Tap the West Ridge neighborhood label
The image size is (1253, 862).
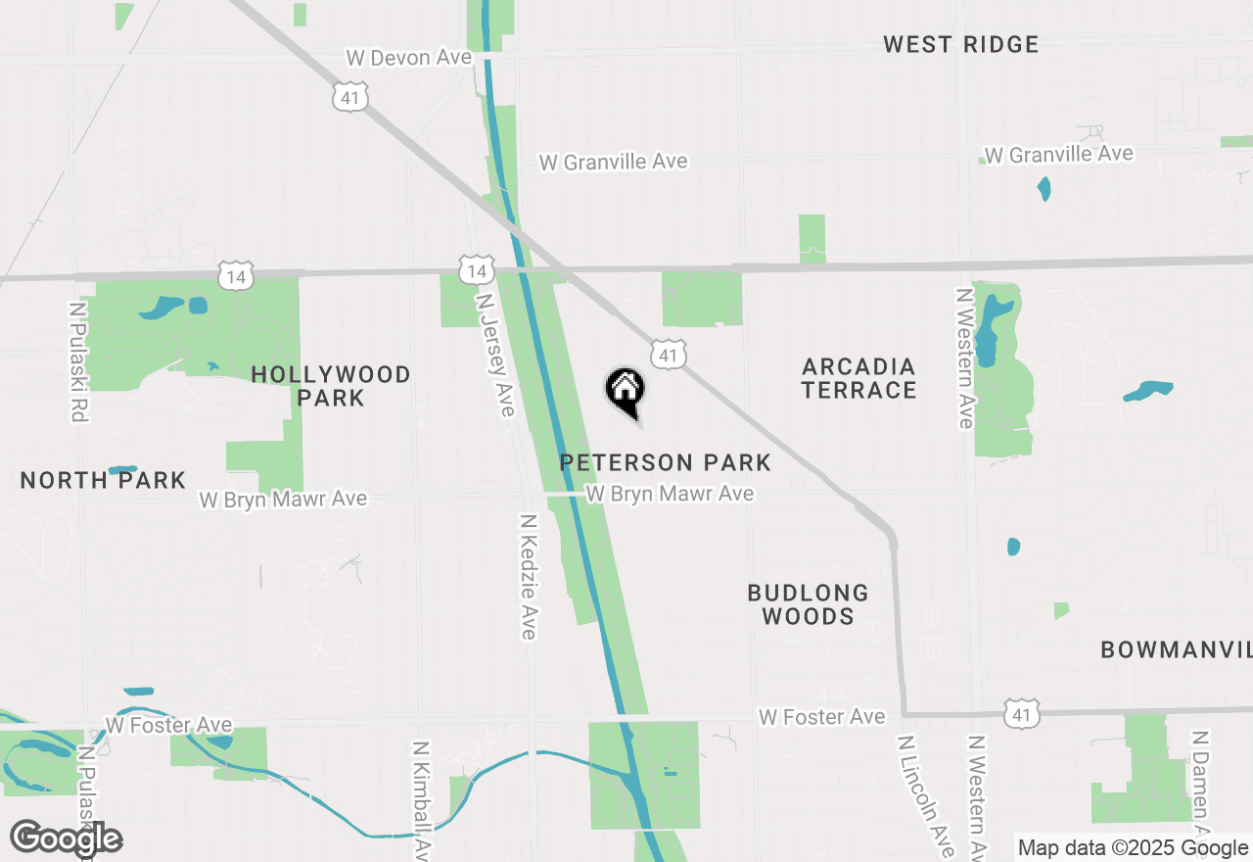(960, 44)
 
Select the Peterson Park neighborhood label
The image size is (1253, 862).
(666, 462)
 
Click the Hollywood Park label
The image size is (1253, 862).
(331, 386)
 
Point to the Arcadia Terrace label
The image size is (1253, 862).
(859, 378)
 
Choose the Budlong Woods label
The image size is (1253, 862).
(808, 604)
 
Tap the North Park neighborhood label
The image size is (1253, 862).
(103, 480)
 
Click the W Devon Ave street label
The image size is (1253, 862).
(409, 58)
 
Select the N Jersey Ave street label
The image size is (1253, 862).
(494, 354)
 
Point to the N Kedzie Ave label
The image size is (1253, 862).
(529, 577)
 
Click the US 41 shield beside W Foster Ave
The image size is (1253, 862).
(1021, 715)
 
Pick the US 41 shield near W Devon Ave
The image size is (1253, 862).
(350, 95)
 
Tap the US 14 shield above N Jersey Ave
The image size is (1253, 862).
(475, 270)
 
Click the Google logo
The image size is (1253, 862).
(67, 838)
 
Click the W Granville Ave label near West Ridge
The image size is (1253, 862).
(1058, 154)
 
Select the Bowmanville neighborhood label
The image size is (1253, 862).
(1176, 649)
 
